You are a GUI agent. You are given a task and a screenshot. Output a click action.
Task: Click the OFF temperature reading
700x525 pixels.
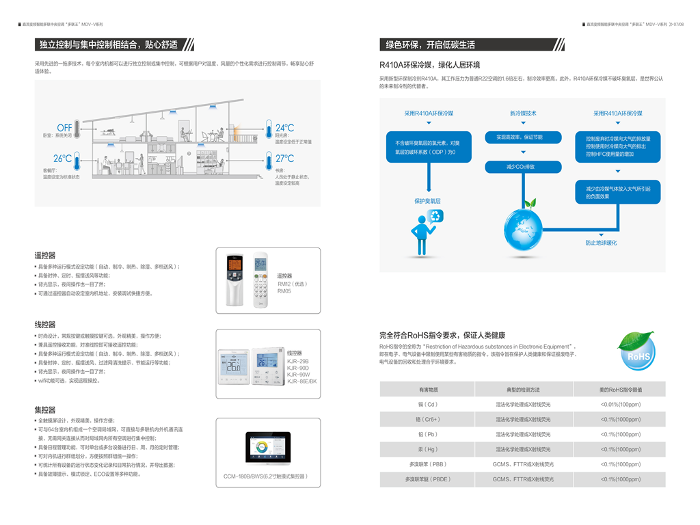[64, 128]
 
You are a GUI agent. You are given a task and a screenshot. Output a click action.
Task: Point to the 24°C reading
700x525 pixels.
[284, 128]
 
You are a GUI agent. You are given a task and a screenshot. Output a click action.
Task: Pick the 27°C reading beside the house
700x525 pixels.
[284, 159]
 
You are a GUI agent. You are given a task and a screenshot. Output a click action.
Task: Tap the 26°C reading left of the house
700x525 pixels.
[62, 159]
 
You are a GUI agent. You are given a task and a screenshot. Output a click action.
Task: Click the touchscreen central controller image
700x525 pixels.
[267, 448]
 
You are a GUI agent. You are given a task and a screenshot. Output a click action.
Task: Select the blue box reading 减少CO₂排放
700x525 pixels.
[524, 167]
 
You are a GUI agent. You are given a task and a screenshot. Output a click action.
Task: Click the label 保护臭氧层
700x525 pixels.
[427, 201]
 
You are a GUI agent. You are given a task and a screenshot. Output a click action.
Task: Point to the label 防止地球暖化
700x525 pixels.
[601, 243]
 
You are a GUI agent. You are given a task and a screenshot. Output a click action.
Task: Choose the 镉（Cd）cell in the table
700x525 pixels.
[428, 404]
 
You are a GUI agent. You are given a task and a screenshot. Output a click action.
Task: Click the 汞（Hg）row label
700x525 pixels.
[428, 449]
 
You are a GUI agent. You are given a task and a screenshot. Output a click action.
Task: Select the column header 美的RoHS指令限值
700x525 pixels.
[619, 389]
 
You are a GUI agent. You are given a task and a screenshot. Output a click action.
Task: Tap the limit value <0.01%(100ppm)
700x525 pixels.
[619, 404]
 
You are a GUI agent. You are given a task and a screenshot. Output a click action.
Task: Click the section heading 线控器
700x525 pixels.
[45, 325]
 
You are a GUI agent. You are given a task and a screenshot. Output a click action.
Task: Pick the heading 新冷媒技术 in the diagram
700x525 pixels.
[523, 113]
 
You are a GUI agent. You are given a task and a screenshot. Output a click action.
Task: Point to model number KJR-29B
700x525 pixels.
[298, 361]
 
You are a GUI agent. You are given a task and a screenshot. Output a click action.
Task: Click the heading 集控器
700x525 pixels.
[45, 409]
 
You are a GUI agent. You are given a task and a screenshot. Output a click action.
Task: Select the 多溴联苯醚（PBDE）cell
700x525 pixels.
[428, 479]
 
